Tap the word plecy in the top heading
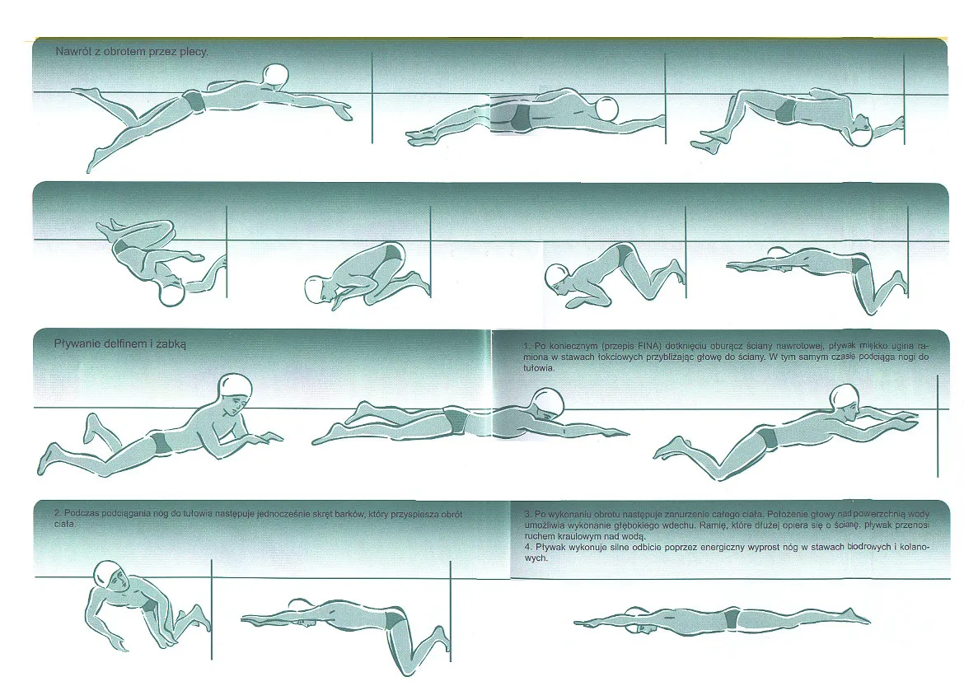pyautogui.click(x=194, y=52)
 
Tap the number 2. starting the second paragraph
pyautogui.click(x=58, y=514)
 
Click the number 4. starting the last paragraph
pyautogui.click(x=529, y=547)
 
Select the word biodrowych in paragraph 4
pyautogui.click(x=868, y=547)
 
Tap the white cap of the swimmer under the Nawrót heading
pyautogui.click(x=275, y=76)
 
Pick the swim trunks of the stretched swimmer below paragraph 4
pyautogui.click(x=731, y=618)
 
